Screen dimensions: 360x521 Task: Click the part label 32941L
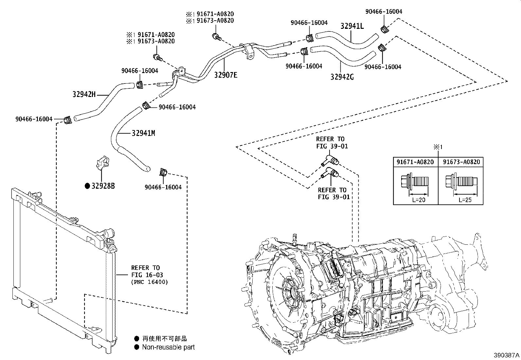(x=352, y=26)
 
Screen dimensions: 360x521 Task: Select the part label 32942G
(x=342, y=77)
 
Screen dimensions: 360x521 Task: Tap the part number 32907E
(x=226, y=75)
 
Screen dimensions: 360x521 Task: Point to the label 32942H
(x=84, y=95)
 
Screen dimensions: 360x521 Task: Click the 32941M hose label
(x=143, y=133)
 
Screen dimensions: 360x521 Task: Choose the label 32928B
(x=103, y=186)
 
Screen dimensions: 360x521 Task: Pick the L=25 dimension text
(x=465, y=199)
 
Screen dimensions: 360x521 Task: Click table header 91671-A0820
(x=415, y=162)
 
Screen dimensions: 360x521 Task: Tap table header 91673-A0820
(x=461, y=162)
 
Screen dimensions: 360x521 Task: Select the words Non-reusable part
(x=168, y=347)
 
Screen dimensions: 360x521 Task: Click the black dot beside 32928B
(x=87, y=186)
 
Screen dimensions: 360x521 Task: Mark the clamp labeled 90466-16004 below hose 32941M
(x=163, y=172)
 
